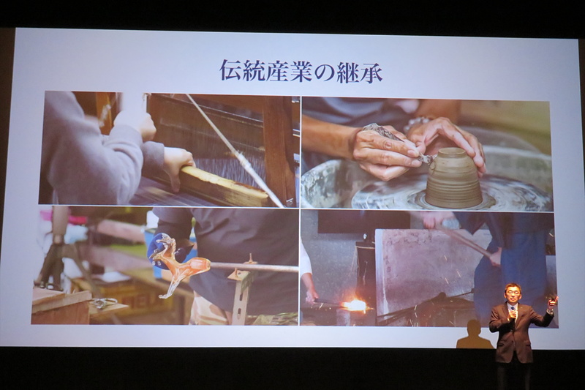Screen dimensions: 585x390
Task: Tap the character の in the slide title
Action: [322, 72]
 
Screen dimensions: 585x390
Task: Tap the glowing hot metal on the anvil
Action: [355, 305]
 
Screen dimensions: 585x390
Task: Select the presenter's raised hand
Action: [552, 302]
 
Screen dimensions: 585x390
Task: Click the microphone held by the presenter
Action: [513, 312]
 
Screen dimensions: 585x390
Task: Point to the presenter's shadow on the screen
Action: [474, 335]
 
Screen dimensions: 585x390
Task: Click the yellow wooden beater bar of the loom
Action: [224, 187]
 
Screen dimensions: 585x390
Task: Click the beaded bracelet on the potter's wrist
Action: [418, 124]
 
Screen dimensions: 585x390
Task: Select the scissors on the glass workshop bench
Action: [102, 303]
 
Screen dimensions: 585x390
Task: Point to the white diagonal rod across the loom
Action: [234, 150]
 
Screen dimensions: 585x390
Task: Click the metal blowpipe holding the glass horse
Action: [254, 267]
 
